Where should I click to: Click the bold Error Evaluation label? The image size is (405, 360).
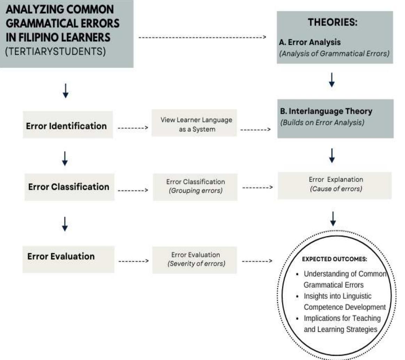(x=61, y=256)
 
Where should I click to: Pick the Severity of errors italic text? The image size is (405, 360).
(x=196, y=263)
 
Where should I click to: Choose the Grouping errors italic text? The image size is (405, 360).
(x=195, y=191)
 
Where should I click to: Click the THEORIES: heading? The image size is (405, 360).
(x=333, y=23)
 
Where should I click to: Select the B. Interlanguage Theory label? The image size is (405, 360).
(x=326, y=111)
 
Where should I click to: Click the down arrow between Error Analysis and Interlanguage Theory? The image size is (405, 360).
(x=332, y=80)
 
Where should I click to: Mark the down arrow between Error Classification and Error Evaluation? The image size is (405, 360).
(x=65, y=224)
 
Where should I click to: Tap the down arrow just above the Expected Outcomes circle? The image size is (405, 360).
(x=333, y=218)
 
